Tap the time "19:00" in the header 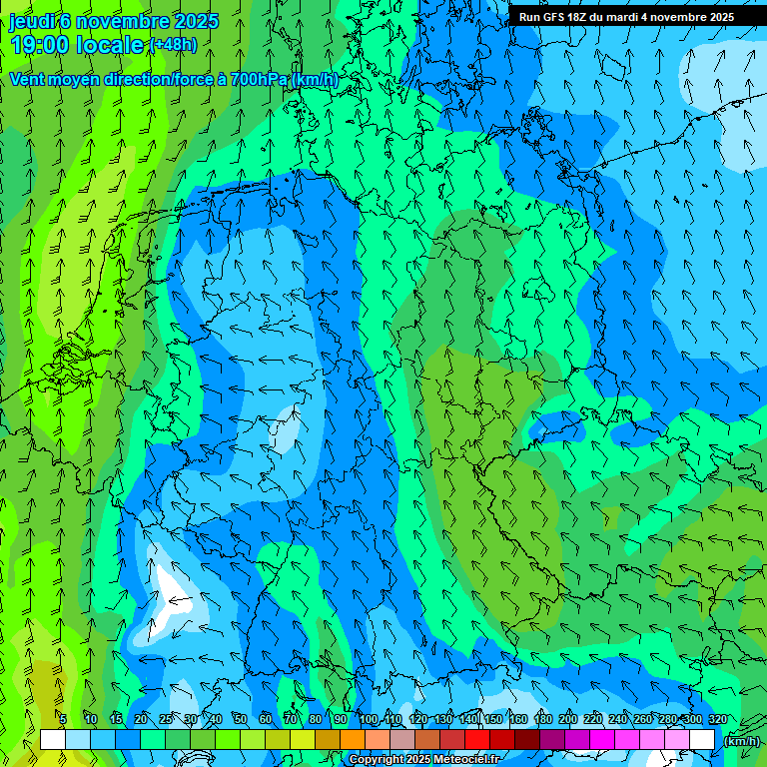click(x=40, y=45)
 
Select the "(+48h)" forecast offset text click(x=172, y=45)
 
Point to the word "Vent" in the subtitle click(x=28, y=79)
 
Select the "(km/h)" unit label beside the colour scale click(x=739, y=741)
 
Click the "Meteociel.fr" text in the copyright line click(x=463, y=760)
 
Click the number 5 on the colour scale click(x=63, y=719)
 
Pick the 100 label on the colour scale click(x=369, y=719)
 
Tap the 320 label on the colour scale click(x=717, y=719)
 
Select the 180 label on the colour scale click(x=543, y=719)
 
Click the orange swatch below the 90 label click(x=353, y=740)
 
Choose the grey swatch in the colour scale click(x=402, y=740)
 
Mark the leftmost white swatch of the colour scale click(x=53, y=740)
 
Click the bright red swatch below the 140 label click(x=477, y=740)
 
